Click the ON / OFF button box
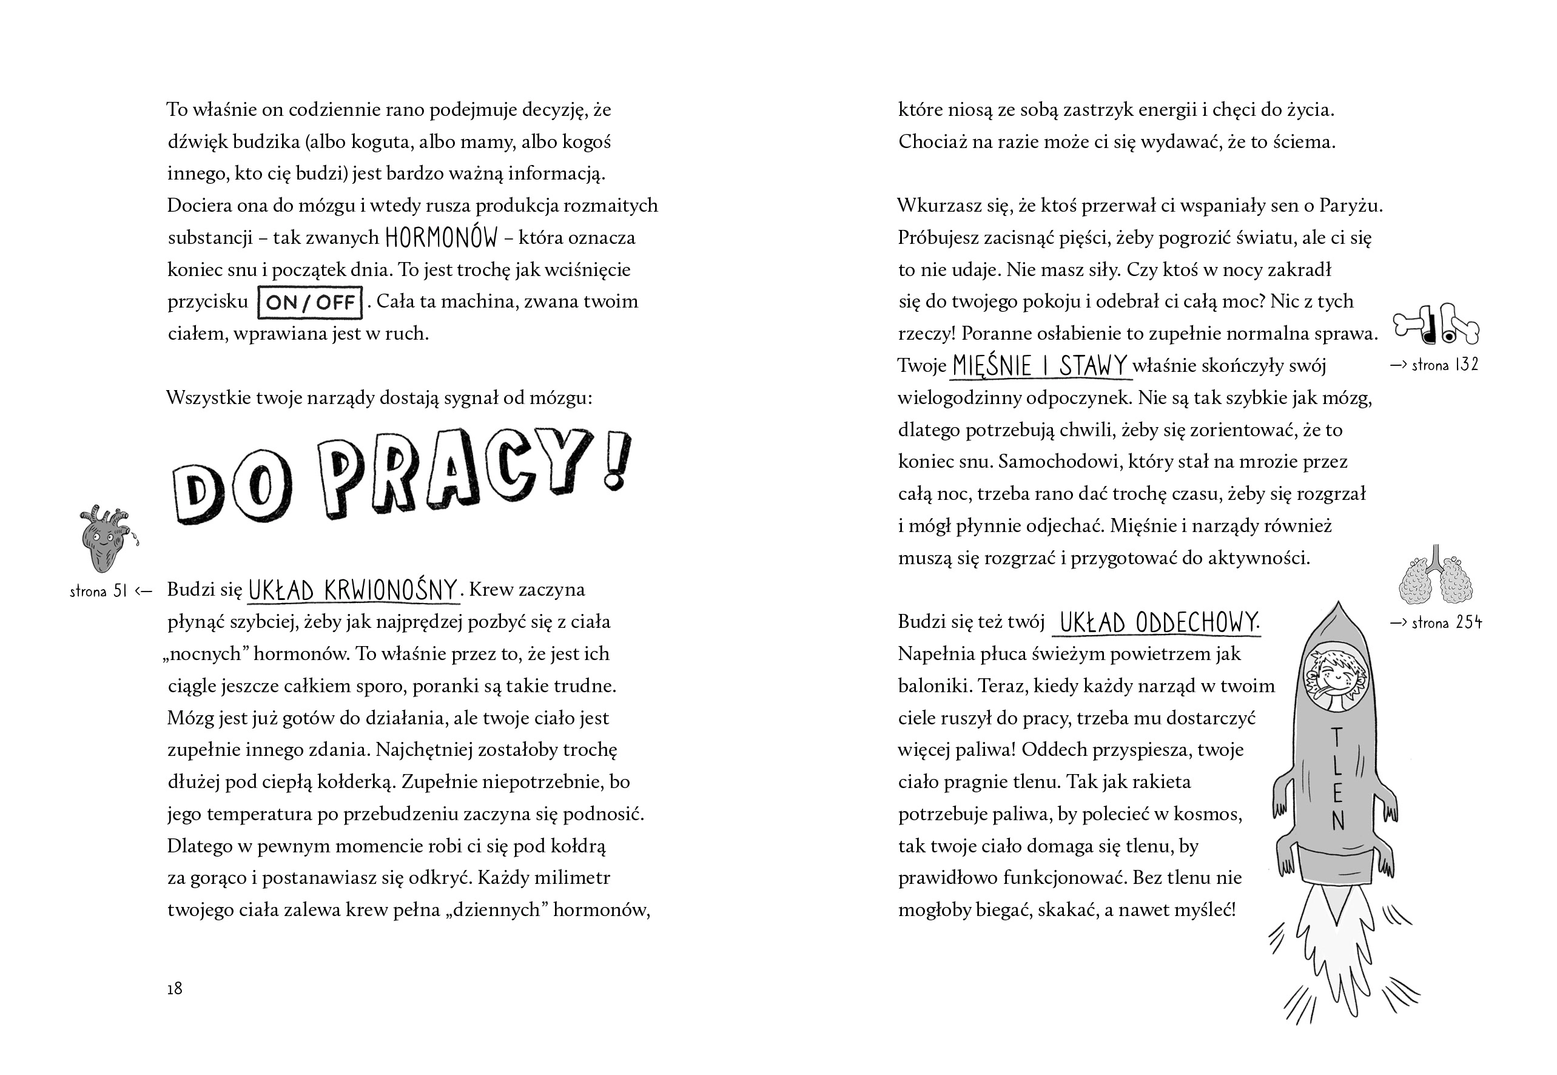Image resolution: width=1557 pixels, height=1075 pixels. point(310,303)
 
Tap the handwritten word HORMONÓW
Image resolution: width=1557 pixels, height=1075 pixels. point(441,238)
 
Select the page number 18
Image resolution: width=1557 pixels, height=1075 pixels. point(175,988)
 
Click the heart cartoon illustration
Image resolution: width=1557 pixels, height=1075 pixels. point(106,539)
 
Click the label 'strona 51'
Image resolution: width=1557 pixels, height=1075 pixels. point(98,591)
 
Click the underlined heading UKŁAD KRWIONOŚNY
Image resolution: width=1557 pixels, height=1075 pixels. point(353,590)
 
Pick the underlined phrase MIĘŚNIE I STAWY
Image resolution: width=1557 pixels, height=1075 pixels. point(1040,366)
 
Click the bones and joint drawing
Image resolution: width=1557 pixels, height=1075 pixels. point(1434,325)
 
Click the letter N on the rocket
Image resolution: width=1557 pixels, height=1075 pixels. point(1338,820)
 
